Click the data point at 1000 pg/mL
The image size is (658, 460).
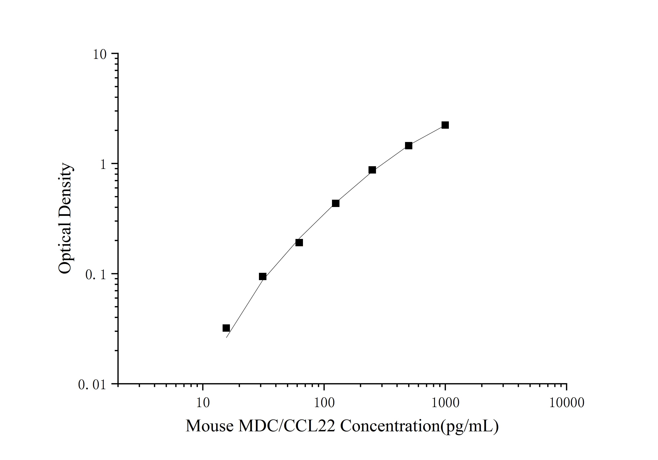pos(445,125)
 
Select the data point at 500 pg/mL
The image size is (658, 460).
pos(409,146)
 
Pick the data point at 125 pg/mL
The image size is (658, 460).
pos(336,203)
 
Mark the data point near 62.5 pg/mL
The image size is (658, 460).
pos(299,243)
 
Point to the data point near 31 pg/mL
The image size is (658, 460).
pos(263,276)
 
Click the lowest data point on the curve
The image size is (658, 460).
pos(226,328)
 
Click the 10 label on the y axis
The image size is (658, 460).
pos(99,54)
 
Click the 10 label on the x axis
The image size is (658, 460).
pos(203,403)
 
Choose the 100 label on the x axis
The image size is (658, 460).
pos(324,403)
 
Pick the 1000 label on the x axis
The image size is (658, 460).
pos(445,403)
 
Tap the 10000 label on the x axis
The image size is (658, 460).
pos(566,403)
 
